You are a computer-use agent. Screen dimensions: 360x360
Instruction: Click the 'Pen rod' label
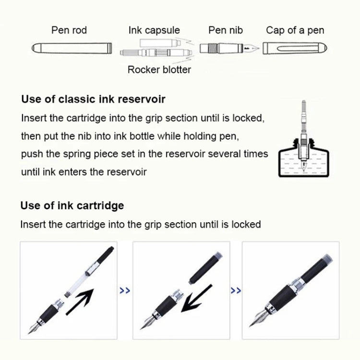click(69, 30)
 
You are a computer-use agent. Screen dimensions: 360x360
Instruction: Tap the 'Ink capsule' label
click(154, 30)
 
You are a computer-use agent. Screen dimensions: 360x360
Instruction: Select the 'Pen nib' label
click(226, 30)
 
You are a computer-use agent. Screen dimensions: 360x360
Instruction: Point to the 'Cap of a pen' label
click(295, 30)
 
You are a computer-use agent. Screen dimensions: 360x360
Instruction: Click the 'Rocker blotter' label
click(159, 70)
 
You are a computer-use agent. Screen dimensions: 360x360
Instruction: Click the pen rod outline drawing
click(72, 48)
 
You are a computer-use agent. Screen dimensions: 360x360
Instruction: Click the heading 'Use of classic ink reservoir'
click(93, 99)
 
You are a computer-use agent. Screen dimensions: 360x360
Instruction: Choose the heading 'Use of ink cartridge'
click(72, 205)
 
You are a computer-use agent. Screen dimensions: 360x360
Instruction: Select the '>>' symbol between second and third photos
click(236, 290)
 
